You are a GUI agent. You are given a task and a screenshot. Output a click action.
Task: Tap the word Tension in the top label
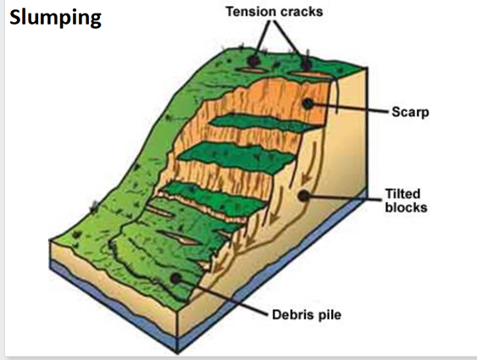(248, 12)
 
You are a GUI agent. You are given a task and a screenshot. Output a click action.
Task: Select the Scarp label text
(410, 112)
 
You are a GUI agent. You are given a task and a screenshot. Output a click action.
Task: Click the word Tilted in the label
(402, 194)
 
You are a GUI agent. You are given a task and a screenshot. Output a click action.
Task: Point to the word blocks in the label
(406, 208)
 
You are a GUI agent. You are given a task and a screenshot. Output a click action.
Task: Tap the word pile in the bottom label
(330, 315)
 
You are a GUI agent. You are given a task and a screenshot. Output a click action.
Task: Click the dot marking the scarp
(308, 103)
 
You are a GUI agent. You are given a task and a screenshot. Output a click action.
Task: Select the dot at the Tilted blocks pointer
(303, 196)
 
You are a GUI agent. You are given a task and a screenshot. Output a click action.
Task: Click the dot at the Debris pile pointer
(175, 278)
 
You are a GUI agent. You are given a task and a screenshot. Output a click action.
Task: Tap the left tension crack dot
(253, 61)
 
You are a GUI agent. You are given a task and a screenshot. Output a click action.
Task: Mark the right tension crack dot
(307, 64)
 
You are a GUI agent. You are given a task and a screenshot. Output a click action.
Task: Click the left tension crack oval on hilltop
(251, 70)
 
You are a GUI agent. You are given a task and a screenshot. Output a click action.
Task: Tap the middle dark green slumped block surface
(237, 157)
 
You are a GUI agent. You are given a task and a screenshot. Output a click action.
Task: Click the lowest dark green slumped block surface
(213, 197)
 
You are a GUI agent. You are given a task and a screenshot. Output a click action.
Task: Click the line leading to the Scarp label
(350, 108)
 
